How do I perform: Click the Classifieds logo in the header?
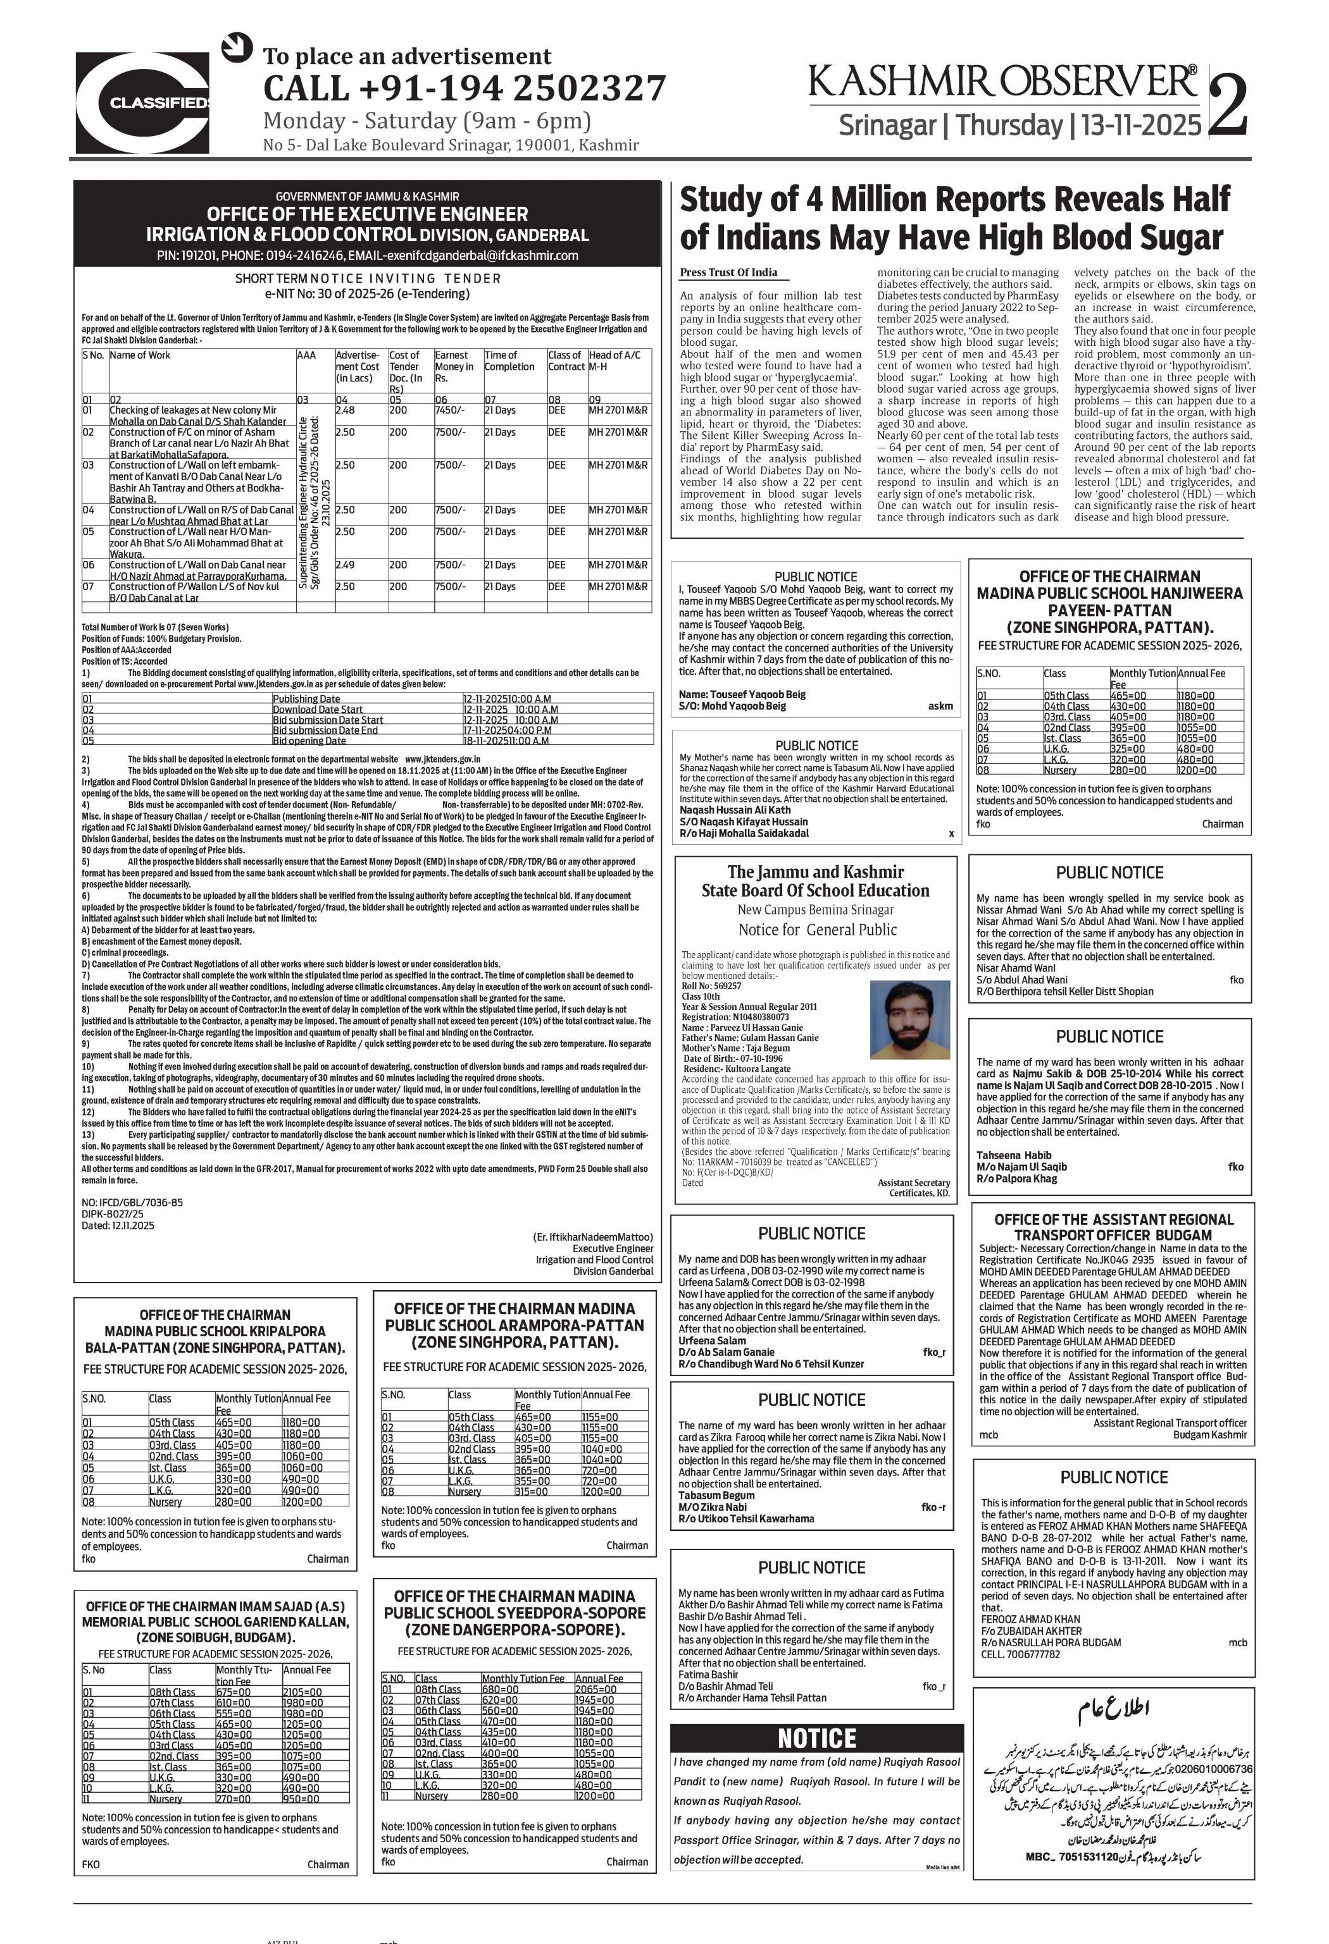(x=142, y=102)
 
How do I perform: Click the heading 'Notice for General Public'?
(x=817, y=930)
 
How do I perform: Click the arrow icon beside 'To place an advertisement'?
(x=237, y=47)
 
